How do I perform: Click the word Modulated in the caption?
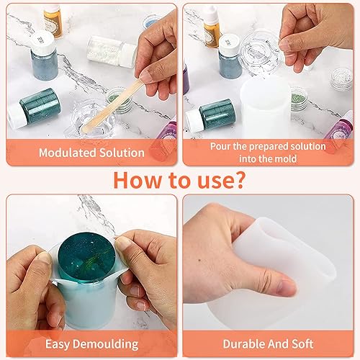click(x=68, y=153)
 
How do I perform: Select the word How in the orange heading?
click(x=137, y=180)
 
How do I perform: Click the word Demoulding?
click(x=106, y=344)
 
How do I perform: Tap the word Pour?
click(x=220, y=146)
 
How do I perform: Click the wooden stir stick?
click(x=112, y=106)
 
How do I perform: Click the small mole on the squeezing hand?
click(x=199, y=260)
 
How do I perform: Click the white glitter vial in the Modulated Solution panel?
click(x=112, y=52)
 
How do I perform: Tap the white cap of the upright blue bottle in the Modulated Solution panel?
click(x=43, y=42)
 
